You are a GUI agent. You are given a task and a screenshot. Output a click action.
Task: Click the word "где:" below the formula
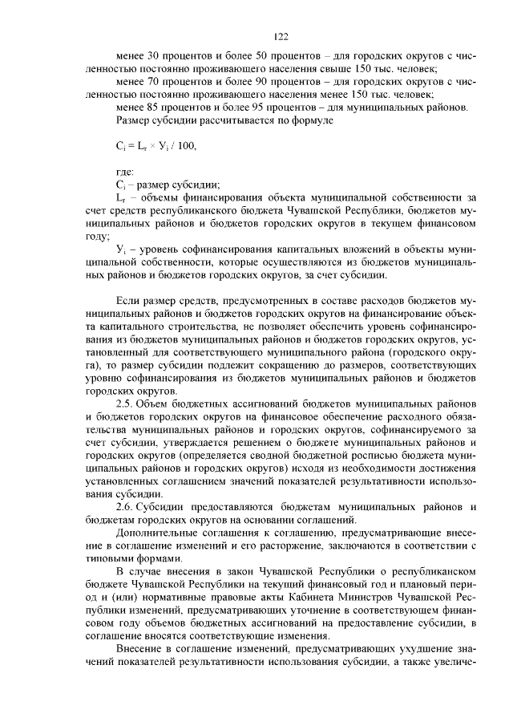[125, 171]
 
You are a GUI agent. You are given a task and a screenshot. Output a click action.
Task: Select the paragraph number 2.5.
[127, 403]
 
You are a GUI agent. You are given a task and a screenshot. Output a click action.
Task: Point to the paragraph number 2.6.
[127, 507]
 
